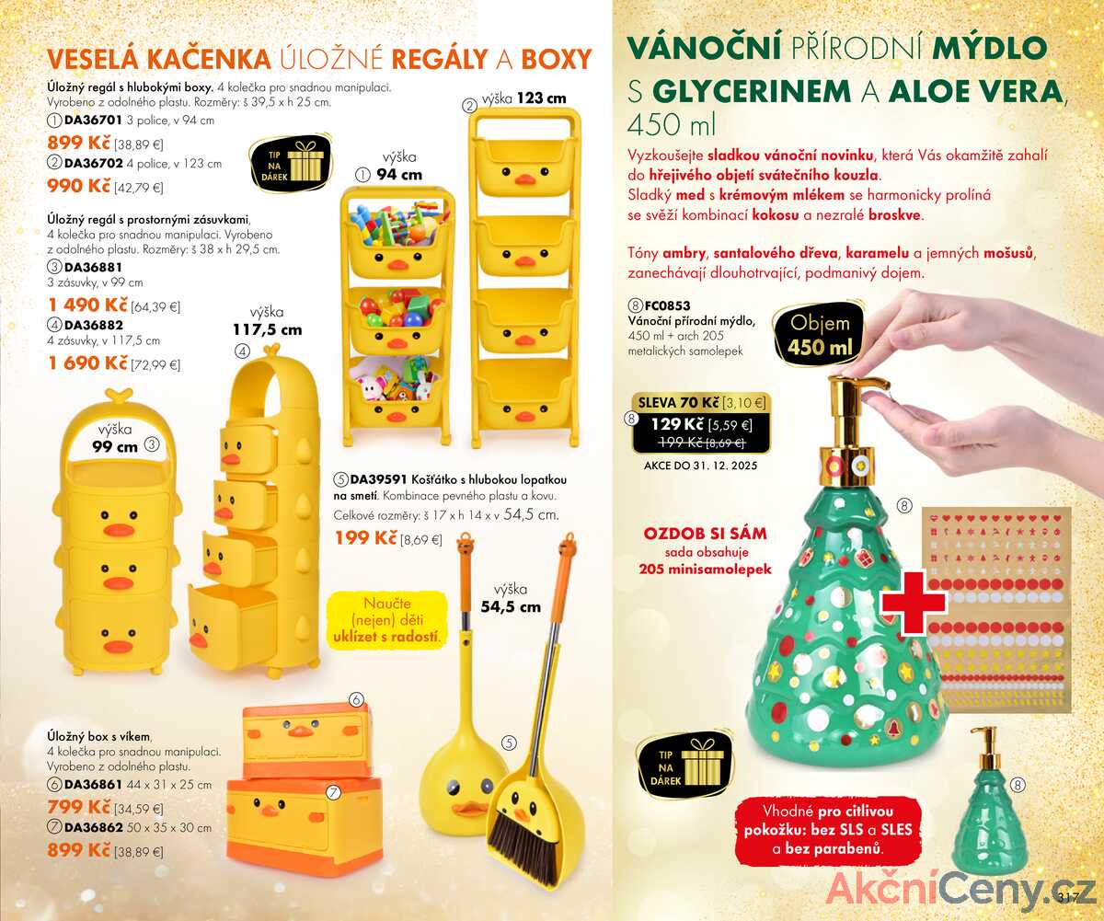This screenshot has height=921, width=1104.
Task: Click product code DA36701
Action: pos(93,120)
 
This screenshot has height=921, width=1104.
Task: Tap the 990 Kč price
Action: pos(79,186)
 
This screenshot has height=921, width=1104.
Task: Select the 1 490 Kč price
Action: pos(87,305)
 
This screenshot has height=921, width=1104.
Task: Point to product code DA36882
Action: pos(94,325)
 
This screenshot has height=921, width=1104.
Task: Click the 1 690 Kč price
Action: pos(87,363)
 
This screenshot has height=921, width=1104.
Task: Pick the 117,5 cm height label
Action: pos(268,330)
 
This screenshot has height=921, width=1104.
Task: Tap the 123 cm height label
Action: pos(542,98)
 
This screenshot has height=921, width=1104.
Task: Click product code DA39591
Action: pos(378,479)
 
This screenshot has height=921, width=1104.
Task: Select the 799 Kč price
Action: pos(79,807)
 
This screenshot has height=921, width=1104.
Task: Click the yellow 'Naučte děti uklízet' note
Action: pos(387,619)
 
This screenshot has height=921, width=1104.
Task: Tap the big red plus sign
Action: pos(914,603)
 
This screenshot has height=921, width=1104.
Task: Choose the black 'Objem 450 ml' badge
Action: pos(819,335)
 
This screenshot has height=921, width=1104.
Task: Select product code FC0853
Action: pos(667,305)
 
